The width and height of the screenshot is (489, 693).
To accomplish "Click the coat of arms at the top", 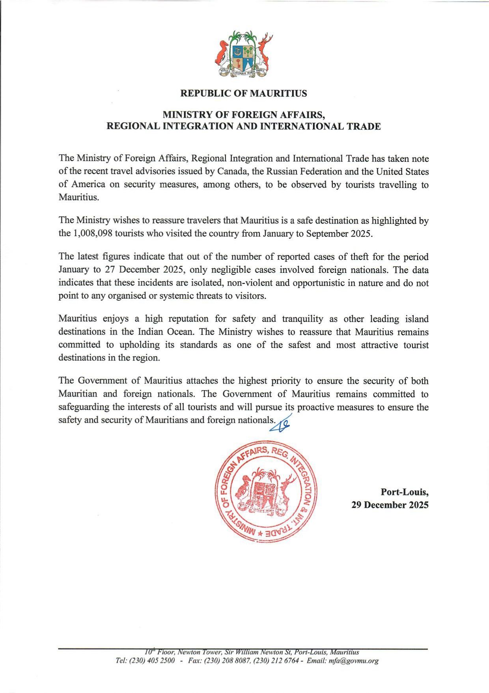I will coord(243,54).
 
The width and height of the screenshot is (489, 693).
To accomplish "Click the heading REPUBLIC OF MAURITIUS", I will coord(243,94).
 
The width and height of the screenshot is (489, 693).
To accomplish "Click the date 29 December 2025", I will coord(390,505).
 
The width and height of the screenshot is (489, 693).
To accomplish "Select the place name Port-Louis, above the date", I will coord(404,492).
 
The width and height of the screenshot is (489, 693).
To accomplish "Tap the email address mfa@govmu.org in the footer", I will coord(353,661).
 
